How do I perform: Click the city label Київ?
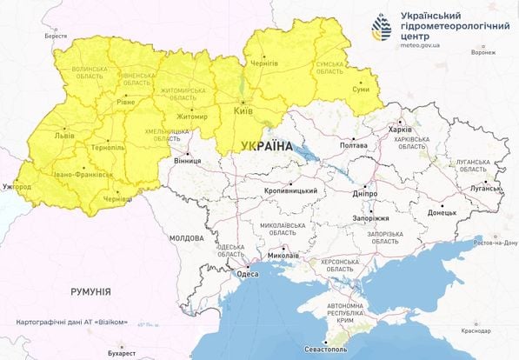click(x=243, y=112)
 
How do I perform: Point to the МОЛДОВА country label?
click(x=187, y=237)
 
